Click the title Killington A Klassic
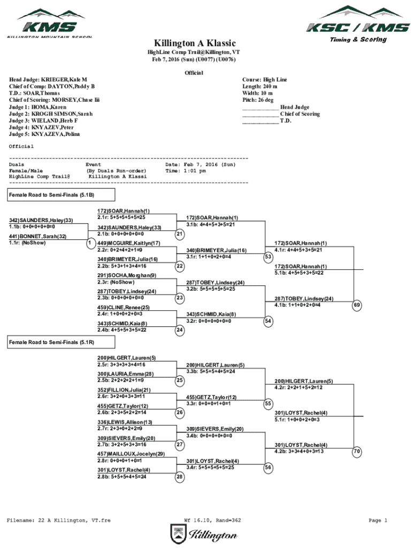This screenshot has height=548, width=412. point(191,43)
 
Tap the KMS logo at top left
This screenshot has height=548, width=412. point(50,22)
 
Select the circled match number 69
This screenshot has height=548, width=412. point(357,305)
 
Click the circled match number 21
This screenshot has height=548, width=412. point(180,234)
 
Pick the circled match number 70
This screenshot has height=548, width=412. point(357,452)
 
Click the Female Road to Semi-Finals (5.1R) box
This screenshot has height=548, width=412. point(52,342)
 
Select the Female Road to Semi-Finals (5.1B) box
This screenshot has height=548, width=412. point(52,195)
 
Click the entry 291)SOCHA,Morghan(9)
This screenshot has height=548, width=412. point(127,276)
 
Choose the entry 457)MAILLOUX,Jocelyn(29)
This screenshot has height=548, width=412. point(131,454)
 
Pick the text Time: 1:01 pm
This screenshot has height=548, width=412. point(186,171)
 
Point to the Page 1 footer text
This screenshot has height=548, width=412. point(378,520)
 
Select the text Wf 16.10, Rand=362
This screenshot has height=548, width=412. point(212,520)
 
